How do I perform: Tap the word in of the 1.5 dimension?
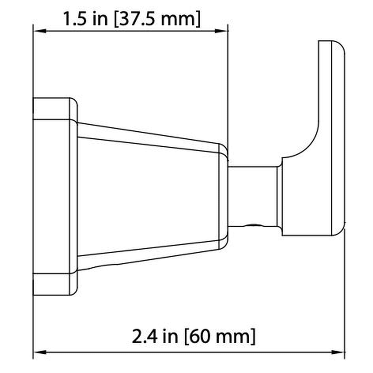[100, 19]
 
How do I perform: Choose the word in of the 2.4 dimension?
[170, 336]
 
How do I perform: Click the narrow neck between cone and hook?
[253, 196]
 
